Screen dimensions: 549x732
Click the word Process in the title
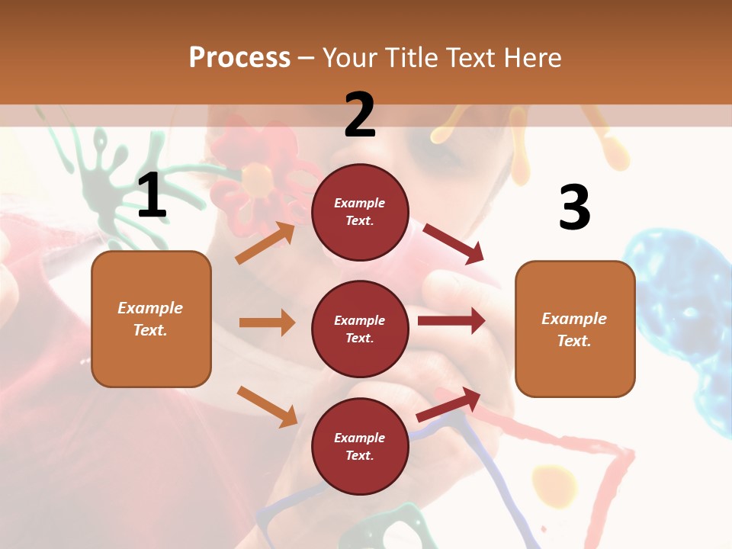[x=239, y=57]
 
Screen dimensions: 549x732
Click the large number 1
[x=152, y=196]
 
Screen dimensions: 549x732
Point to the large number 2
[x=360, y=115]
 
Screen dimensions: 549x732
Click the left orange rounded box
[x=151, y=319]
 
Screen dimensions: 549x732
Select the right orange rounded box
[x=575, y=329]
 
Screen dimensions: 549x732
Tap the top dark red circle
[x=360, y=211]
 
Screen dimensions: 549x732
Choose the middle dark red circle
[x=360, y=329]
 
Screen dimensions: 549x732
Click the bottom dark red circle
[x=360, y=446]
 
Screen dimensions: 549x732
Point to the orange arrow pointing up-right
[x=265, y=242]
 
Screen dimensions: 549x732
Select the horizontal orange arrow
[x=267, y=323]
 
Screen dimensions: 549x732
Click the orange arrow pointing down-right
[x=267, y=406]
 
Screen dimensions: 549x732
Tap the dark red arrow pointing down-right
[x=454, y=244]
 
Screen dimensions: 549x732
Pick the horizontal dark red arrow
[x=451, y=320]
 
